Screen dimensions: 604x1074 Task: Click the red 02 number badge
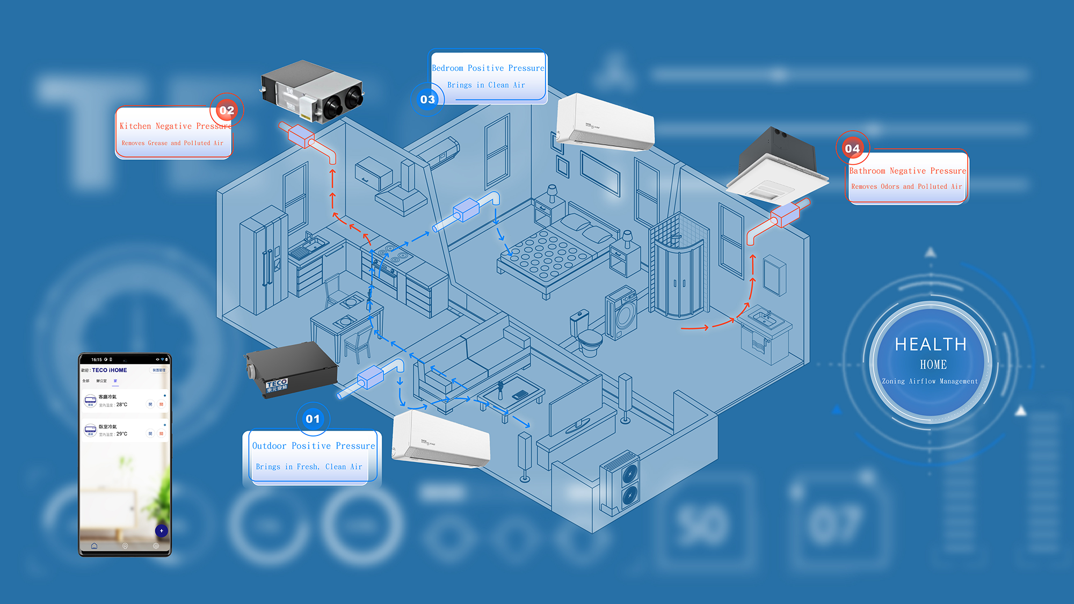pyautogui.click(x=227, y=111)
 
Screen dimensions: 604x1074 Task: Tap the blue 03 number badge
pyautogui.click(x=427, y=99)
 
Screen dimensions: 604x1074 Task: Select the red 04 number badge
pyautogui.click(x=852, y=148)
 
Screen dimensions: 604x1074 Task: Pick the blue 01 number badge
pyautogui.click(x=313, y=419)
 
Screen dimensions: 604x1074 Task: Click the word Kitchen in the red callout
pyautogui.click(x=135, y=126)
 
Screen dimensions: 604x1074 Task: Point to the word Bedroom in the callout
pyautogui.click(x=447, y=68)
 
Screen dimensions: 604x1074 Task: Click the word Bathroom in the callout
pyautogui.click(x=867, y=171)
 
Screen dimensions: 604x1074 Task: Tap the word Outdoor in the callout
pyautogui.click(x=269, y=446)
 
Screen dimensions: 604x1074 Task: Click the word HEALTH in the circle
pyautogui.click(x=931, y=344)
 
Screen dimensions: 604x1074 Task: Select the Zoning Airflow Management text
pyautogui.click(x=930, y=381)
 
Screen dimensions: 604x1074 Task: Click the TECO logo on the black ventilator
pyautogui.click(x=277, y=384)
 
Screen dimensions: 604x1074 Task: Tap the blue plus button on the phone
pyautogui.click(x=161, y=531)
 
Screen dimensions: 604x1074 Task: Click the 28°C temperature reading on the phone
pyautogui.click(x=122, y=405)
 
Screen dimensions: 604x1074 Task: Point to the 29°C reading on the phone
pyautogui.click(x=122, y=434)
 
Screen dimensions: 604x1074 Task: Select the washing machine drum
pyautogui.click(x=625, y=317)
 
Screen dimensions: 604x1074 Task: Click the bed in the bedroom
pyautogui.click(x=553, y=252)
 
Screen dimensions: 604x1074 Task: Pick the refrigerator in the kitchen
pyautogui.click(x=263, y=263)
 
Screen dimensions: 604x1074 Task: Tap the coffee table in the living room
pyautogui.click(x=510, y=395)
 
